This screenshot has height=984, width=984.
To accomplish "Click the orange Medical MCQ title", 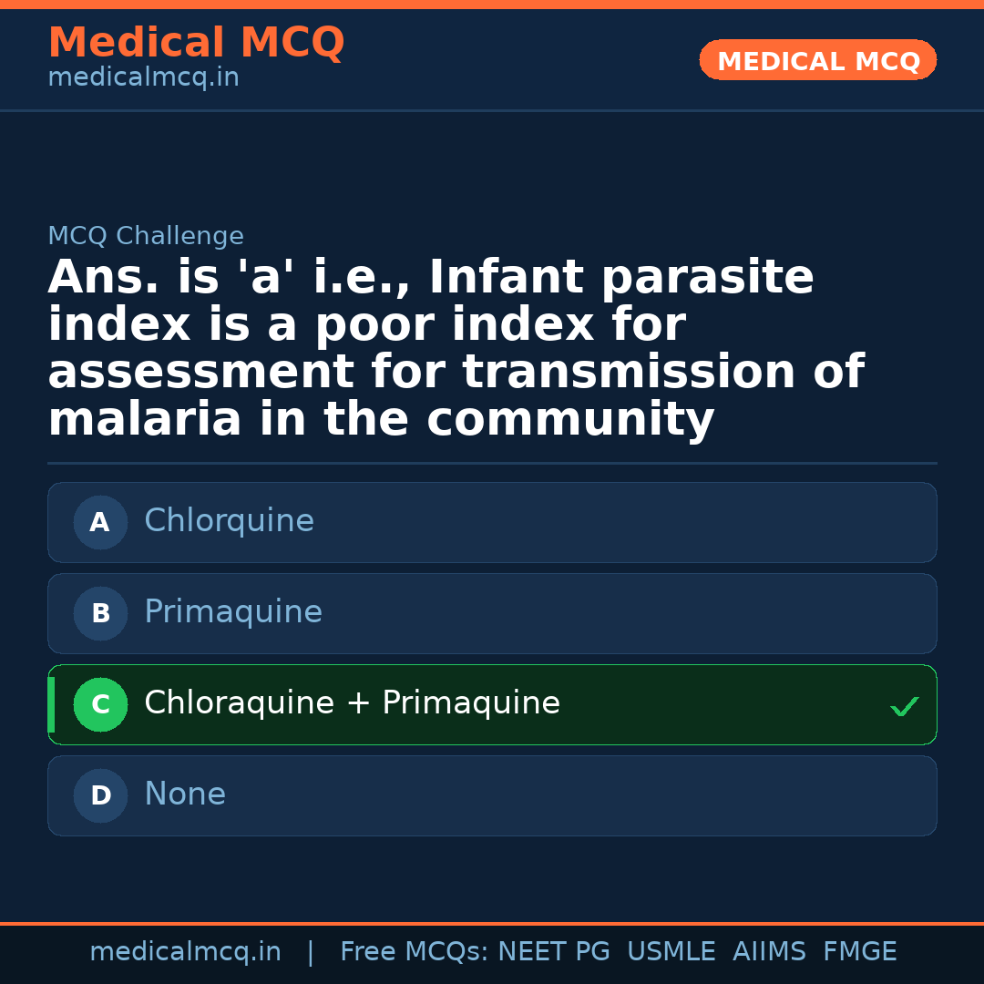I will pos(196,43).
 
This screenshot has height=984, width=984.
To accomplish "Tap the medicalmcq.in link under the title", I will pos(143,78).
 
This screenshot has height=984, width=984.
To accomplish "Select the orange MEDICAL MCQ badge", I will pos(817,61).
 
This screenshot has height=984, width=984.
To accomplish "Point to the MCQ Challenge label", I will pos(146,237).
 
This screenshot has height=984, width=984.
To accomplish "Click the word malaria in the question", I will pos(145,420).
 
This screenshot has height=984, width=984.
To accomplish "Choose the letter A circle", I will pos(100,523).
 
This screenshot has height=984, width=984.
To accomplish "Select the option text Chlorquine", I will pos(229,521).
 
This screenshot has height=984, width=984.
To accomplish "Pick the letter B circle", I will pos(100,614).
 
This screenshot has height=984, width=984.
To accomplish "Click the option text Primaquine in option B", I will pos(233,612).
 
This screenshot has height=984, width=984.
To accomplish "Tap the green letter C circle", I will pos(100,705).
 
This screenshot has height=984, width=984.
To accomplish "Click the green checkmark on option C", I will pos(904,706).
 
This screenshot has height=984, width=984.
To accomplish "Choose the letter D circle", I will pos(100,796).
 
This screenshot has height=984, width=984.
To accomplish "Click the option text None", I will pos(185,794).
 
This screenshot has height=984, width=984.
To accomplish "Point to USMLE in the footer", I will pos(671,952).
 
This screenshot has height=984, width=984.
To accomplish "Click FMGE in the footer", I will pos(859,952).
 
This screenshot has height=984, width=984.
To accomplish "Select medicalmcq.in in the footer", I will pos(185,952).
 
